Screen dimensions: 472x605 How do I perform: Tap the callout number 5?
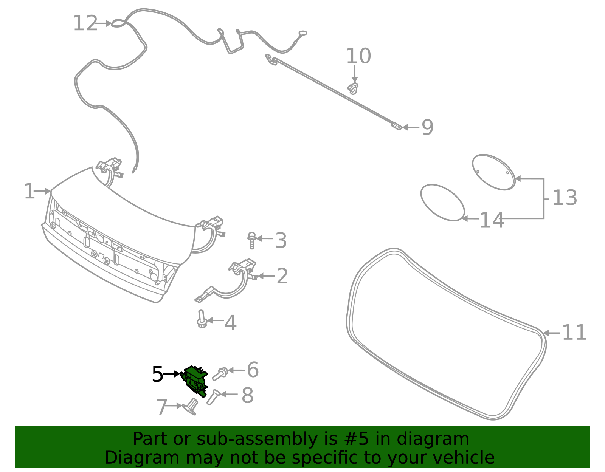click(x=157, y=375)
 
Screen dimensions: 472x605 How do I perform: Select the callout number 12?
click(x=85, y=23)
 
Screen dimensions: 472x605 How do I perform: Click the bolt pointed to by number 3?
click(x=252, y=240)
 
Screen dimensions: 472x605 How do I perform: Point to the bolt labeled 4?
click(x=202, y=319)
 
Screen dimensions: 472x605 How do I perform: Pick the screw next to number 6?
click(x=220, y=374)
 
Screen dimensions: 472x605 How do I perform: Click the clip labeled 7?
click(x=191, y=407)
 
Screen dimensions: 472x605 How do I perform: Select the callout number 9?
click(x=427, y=127)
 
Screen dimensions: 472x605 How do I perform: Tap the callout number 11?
click(x=574, y=333)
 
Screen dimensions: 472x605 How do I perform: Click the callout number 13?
click(x=565, y=198)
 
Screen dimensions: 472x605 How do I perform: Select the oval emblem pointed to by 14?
click(x=442, y=202)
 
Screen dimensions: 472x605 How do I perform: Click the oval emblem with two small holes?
click(x=493, y=172)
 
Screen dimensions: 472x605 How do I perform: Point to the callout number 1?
click(x=29, y=192)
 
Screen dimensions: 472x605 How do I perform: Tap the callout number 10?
click(x=358, y=56)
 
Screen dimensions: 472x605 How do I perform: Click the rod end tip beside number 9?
click(x=397, y=126)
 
